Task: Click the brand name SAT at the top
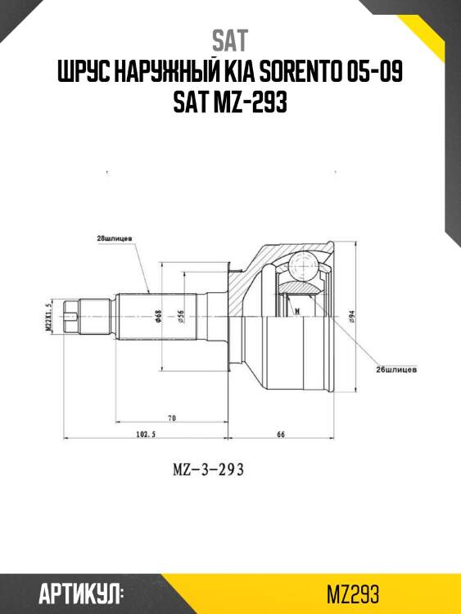[229, 39]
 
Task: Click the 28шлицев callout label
[115, 238]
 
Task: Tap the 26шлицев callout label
[398, 369]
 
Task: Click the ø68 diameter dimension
[158, 316]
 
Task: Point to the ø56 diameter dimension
[180, 316]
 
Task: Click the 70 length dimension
[172, 418]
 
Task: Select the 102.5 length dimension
[144, 436]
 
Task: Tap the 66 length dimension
[280, 436]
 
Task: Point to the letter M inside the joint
[296, 310]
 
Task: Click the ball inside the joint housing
[304, 264]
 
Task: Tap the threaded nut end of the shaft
[73, 315]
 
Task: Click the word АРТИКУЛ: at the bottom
[81, 593]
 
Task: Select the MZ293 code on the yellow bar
[352, 593]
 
